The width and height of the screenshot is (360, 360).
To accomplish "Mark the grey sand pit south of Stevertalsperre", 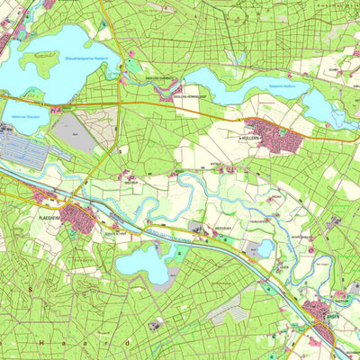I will [x=76, y=134].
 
